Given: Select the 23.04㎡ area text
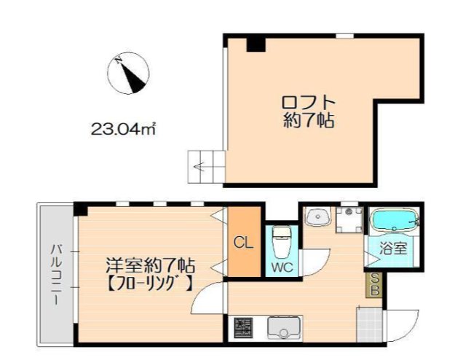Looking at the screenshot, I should click(124, 130).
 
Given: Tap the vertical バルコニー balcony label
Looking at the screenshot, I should click(55, 275).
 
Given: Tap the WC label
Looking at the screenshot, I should click(282, 267).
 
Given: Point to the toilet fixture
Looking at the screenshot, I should click(281, 240).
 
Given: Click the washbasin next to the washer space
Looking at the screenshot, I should click(317, 217).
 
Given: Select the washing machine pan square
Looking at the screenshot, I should click(349, 218).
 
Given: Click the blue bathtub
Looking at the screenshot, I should click(393, 220).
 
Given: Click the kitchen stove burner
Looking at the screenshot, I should click(242, 328).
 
